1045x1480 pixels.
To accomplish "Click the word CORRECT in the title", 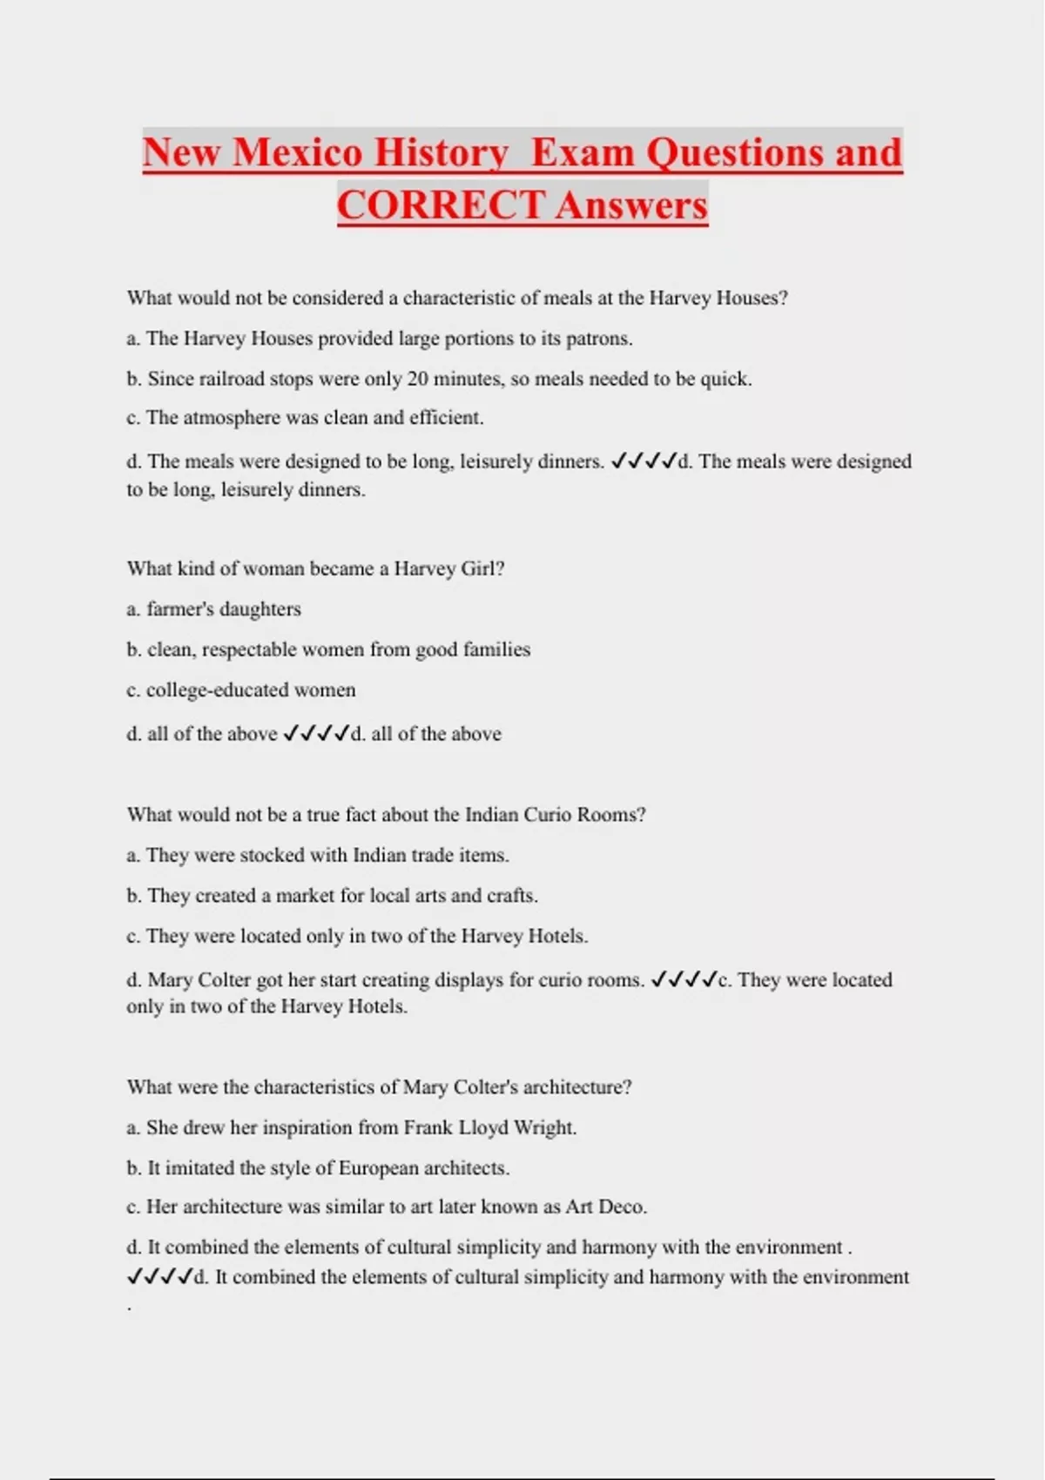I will (442, 205).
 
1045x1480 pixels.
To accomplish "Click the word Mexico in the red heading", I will (298, 152).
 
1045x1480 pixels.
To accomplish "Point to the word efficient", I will (446, 418).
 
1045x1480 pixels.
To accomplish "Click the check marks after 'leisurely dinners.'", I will (644, 461).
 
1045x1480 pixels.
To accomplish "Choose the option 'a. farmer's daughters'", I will (214, 609).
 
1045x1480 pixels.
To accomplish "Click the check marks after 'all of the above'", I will (316, 734).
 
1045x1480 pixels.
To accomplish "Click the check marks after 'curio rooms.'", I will (684, 980).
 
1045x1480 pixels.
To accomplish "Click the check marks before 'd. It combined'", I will (159, 1277).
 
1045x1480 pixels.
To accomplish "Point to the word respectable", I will (253, 649).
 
